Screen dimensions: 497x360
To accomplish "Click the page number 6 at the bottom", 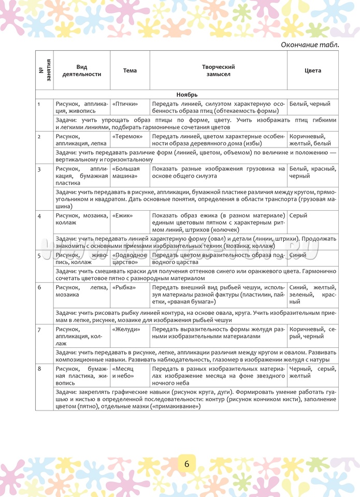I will coord(186,463).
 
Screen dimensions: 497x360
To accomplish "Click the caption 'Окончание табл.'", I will coord(310,45).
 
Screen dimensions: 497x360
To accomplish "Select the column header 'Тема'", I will coord(130,70).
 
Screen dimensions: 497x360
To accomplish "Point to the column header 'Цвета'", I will coord(313,70).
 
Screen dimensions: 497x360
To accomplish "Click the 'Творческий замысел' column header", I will coord(218,70).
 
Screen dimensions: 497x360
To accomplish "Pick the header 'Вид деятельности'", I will coord(82,70).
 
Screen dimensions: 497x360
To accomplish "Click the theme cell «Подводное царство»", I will coord(126,258).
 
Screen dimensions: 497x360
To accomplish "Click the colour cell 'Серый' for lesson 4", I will coord(298,215).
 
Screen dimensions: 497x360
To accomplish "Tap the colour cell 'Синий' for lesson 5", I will coord(298,255).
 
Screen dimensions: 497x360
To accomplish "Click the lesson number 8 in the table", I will coord(39,368).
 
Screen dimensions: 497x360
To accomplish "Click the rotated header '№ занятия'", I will coord(44,70).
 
